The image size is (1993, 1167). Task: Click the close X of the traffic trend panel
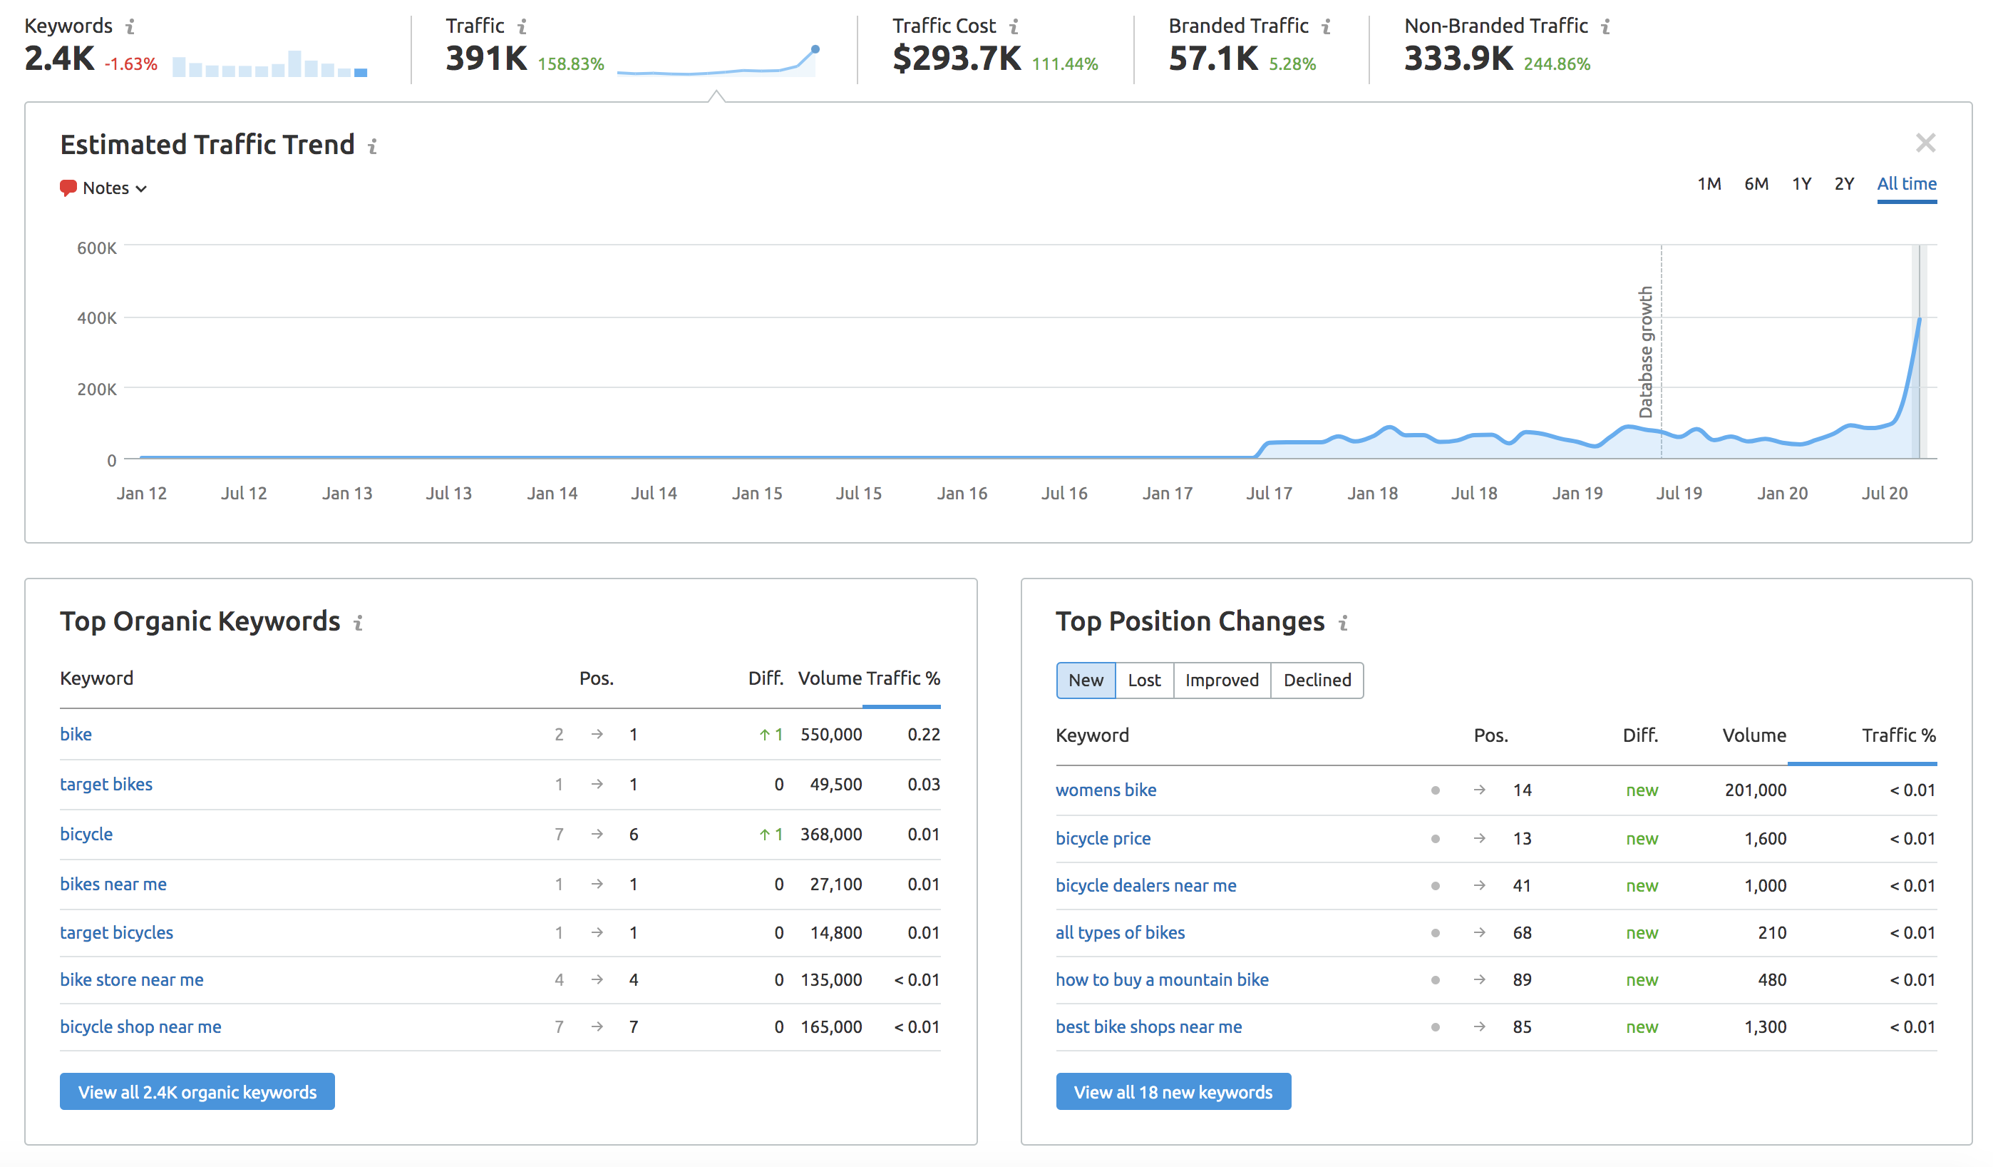[1925, 143]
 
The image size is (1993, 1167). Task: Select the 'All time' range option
[1906, 184]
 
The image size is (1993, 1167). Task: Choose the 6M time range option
[1756, 184]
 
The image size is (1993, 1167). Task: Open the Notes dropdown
[103, 188]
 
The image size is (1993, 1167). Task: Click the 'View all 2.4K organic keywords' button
[197, 1092]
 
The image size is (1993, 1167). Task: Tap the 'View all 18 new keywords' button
[1173, 1092]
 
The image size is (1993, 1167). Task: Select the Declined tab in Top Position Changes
[1317, 681]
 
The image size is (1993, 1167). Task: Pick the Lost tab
[1143, 681]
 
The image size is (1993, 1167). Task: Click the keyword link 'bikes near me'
[113, 884]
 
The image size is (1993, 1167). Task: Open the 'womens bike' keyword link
[1106, 790]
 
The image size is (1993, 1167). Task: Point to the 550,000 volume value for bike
[830, 734]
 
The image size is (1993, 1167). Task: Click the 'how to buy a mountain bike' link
[1162, 979]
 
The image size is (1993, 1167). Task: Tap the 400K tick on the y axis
[96, 318]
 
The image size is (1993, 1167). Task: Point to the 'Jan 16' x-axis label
[962, 494]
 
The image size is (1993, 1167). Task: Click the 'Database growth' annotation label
[1646, 352]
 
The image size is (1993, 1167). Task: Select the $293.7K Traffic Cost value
[956, 58]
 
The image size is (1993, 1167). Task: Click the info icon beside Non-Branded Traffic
[1605, 27]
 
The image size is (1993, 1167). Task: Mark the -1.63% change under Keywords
[130, 64]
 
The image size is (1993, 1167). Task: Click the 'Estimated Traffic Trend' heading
[207, 145]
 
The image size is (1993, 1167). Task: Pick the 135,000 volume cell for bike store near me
[830, 979]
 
